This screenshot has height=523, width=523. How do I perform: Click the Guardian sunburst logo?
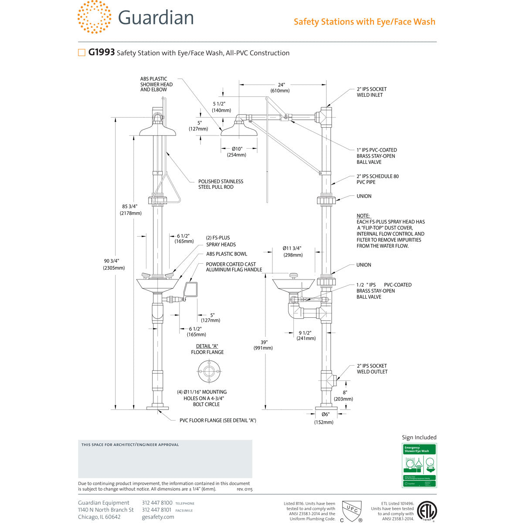(94, 17)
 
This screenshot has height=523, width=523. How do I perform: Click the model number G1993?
(102, 53)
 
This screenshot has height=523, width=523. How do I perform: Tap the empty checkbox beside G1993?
(82, 53)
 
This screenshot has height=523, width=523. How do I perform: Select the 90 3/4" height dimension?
(112, 264)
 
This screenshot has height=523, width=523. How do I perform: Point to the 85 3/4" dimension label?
(131, 210)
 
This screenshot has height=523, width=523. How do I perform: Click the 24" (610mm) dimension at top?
(281, 88)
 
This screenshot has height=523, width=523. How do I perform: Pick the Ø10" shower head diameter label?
(237, 152)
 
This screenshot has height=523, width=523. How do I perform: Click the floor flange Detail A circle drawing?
(207, 371)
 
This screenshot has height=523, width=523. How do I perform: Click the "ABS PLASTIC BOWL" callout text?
(227, 254)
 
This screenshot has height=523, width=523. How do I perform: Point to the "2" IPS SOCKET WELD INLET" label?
(371, 92)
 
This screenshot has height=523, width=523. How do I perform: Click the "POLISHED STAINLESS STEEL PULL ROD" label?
(221, 184)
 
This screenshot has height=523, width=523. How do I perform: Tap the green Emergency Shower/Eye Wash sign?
(419, 465)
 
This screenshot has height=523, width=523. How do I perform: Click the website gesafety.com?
(158, 517)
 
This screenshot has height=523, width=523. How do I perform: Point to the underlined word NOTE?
(363, 216)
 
